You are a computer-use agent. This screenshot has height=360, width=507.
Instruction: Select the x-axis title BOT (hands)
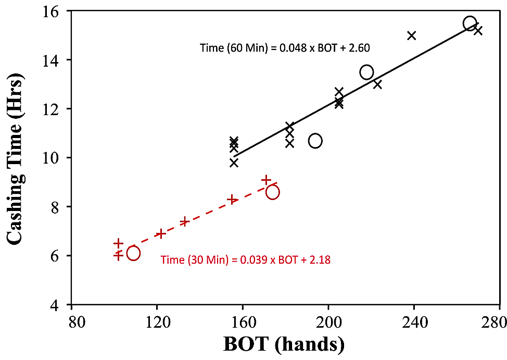click(x=284, y=344)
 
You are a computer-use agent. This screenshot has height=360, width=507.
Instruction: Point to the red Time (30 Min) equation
click(x=246, y=259)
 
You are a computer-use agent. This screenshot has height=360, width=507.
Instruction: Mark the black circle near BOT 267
click(x=470, y=23)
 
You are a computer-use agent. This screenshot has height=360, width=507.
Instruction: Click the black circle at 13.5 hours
click(x=366, y=72)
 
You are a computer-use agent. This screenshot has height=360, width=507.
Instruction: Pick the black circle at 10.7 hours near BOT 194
click(x=315, y=141)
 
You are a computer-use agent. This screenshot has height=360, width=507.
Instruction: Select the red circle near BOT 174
click(x=272, y=192)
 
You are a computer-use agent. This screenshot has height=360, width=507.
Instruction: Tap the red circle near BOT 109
click(x=133, y=253)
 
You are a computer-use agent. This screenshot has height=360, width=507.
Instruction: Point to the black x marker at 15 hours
click(x=412, y=35)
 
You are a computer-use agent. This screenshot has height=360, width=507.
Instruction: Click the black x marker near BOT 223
click(x=377, y=84)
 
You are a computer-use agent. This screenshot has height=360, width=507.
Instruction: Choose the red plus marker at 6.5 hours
click(x=119, y=243)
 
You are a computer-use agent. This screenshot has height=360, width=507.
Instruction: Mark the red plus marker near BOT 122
click(x=161, y=233)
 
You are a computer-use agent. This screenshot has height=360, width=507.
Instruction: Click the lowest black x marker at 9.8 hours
click(x=234, y=163)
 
